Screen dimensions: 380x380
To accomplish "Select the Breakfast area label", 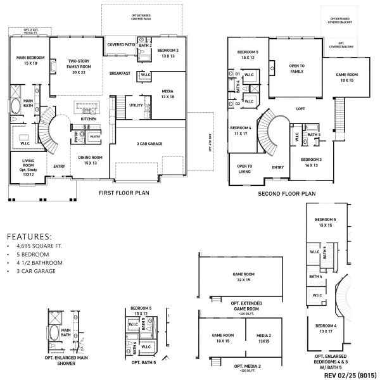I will pyautogui.click(x=120, y=73).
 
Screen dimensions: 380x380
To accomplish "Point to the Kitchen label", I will pyautogui.click(x=88, y=119).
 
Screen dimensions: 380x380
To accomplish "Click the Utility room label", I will pyautogui.click(x=136, y=105).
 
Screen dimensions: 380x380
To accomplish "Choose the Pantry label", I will pyautogui.click(x=95, y=136).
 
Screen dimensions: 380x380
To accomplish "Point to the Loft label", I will pyautogui.click(x=301, y=108).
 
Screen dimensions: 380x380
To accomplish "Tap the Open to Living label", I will pyautogui.click(x=244, y=168).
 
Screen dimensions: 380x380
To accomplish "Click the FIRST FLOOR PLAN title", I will pyautogui.click(x=123, y=193).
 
